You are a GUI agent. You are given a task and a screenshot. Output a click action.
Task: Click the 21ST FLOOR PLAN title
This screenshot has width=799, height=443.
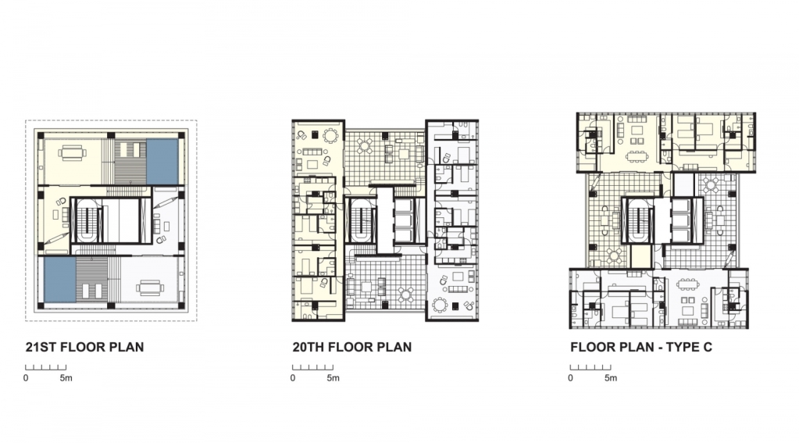coord(84,347)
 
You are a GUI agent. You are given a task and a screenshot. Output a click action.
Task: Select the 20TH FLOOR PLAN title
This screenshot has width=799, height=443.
coord(352,347)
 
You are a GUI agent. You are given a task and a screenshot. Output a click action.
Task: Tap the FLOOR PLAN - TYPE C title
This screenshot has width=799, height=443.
coord(641,347)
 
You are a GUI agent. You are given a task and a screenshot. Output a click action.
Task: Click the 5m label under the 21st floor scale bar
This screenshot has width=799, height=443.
coord(66,378)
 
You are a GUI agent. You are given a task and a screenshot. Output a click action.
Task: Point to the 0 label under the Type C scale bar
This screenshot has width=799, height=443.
coord(570,378)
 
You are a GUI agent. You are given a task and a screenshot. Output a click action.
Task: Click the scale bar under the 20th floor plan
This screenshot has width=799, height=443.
coord(312,367)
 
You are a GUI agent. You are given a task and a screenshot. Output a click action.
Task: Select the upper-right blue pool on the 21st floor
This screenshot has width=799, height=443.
coord(162,161)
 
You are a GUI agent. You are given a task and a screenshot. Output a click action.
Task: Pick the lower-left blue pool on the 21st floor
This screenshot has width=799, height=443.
coord(59,280)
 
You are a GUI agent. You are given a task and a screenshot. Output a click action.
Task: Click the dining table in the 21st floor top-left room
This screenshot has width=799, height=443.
coord(73,152)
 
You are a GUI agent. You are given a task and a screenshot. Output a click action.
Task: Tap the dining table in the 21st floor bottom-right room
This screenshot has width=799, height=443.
coord(150,288)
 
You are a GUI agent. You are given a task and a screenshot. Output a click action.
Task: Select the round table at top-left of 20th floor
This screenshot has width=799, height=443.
coord(330,136)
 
